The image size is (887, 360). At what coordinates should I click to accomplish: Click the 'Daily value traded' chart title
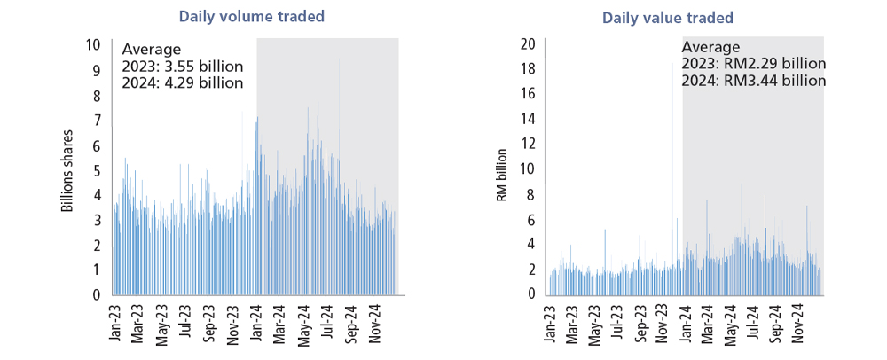pos(668,18)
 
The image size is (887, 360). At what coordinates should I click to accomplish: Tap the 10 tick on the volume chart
pos(93,45)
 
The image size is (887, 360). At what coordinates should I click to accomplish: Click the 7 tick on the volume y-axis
pos(97,120)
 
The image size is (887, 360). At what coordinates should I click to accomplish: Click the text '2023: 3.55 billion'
pos(182,67)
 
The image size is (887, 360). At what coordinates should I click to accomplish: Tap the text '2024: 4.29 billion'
pos(182,83)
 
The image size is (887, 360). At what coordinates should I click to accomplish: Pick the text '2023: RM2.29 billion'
pos(754,64)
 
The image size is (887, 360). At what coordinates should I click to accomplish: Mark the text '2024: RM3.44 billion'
pos(754,81)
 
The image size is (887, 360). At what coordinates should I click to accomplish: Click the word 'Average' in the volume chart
pos(151,49)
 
